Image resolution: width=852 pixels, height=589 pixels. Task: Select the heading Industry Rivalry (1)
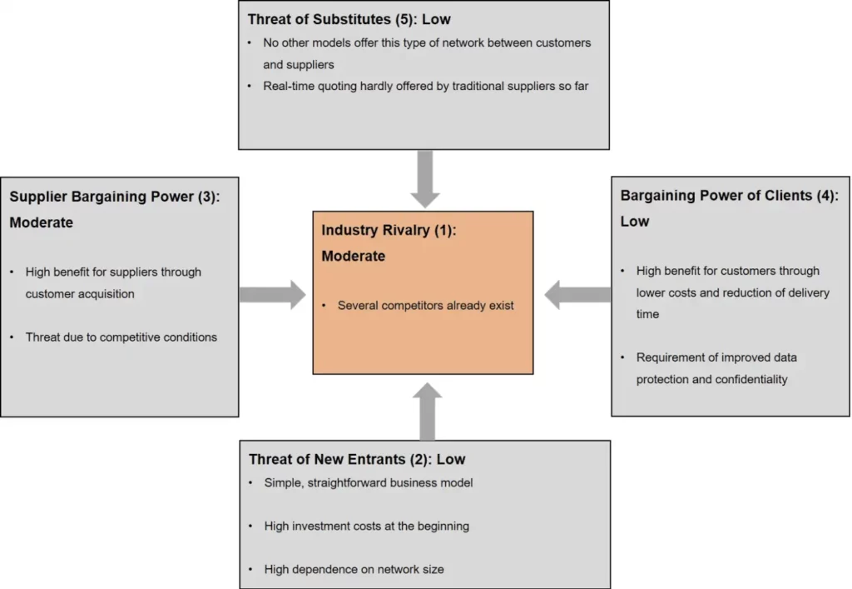(389, 231)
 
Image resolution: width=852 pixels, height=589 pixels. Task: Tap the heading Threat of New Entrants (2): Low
(357, 459)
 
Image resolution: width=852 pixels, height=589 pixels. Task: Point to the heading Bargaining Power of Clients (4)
(729, 196)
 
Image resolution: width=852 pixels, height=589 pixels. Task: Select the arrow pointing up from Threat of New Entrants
(425, 411)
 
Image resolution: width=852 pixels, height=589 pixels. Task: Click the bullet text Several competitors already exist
(425, 306)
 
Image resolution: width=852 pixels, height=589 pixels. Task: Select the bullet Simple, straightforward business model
(369, 483)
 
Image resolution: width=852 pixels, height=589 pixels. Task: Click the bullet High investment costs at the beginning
(366, 527)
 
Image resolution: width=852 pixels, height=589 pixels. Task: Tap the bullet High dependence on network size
(354, 570)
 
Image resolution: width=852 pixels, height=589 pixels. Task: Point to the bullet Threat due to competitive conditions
(121, 337)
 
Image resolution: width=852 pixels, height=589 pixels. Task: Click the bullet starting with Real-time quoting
(425, 86)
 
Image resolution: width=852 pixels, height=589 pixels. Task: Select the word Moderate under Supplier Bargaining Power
(42, 223)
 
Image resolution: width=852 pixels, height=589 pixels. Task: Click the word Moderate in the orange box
(354, 257)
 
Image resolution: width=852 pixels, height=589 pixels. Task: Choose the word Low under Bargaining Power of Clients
(635, 222)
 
